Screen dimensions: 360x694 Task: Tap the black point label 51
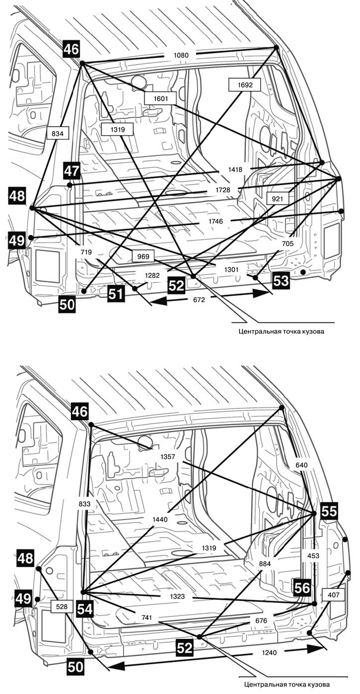point(116,294)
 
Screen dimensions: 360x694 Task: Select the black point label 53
point(281,281)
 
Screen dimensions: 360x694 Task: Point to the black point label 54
point(85,609)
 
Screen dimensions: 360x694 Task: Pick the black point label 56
point(302,588)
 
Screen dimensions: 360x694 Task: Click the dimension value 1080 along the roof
point(181,55)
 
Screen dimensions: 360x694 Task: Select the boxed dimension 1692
point(245,84)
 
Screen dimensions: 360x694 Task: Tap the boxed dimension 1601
point(160,98)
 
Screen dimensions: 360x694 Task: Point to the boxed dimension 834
point(57,134)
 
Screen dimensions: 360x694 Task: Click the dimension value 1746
point(216,221)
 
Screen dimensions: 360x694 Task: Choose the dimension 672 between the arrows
point(199,300)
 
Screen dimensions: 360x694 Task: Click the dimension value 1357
point(168,457)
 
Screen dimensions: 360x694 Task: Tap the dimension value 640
point(301,465)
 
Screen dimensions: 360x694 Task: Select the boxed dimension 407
point(333,595)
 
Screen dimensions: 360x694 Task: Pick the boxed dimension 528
point(62,607)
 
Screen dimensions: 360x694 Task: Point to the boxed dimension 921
point(277,198)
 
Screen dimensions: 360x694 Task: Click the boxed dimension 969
point(143,256)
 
